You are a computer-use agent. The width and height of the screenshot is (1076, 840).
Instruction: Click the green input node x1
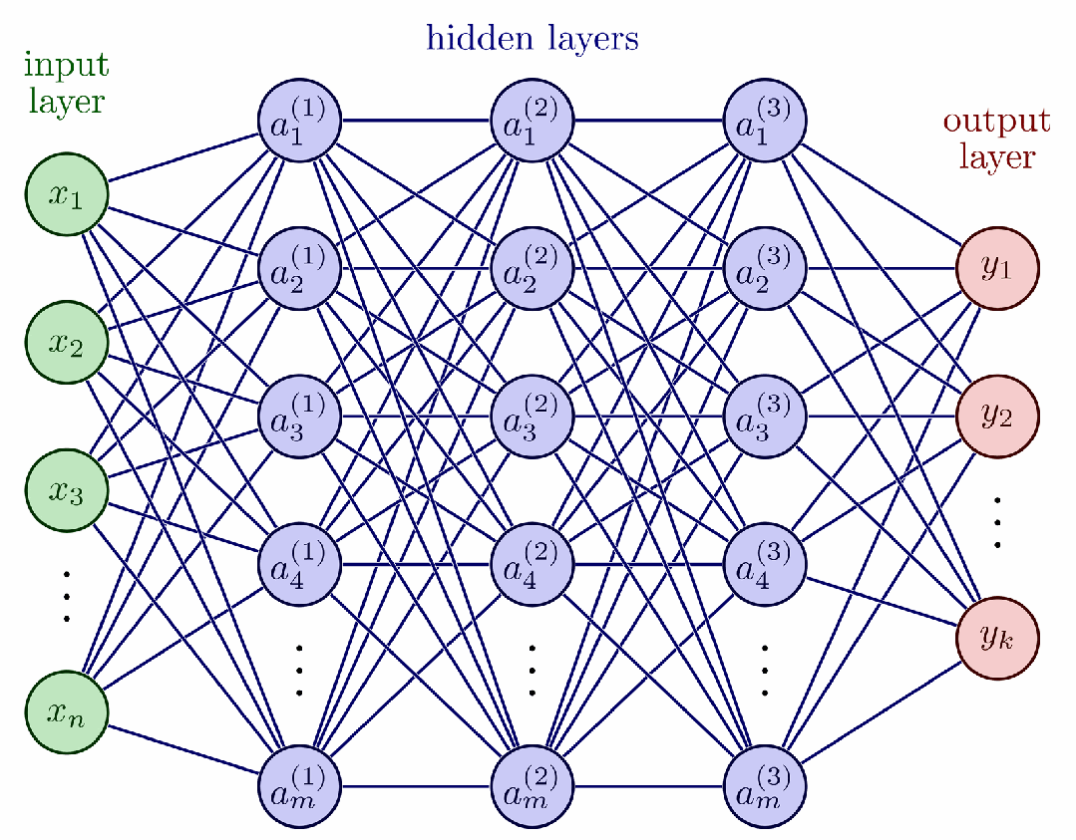(67, 195)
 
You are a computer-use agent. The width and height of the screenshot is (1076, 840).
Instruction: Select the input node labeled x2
(67, 342)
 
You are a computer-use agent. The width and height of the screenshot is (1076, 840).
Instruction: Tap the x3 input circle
(67, 489)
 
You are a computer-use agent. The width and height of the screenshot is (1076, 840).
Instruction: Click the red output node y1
(997, 269)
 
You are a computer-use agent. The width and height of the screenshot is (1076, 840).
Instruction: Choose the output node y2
(997, 416)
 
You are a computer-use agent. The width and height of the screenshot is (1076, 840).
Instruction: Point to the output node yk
(997, 638)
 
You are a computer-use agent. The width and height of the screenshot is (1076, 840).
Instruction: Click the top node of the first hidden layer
(299, 122)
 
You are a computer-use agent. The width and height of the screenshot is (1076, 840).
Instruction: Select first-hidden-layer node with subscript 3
(299, 416)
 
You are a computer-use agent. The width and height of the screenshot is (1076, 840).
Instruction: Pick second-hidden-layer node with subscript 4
(533, 563)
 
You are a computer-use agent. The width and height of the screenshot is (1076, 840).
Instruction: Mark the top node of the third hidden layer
(765, 122)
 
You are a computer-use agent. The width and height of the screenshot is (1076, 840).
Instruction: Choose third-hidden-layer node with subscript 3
(765, 416)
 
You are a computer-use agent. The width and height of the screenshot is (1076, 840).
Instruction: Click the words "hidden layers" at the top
(533, 38)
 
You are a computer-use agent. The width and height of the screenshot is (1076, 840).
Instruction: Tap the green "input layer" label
(66, 83)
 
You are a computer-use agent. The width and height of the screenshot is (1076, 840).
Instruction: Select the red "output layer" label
(996, 139)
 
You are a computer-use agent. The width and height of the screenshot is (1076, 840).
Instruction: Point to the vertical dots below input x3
(67, 596)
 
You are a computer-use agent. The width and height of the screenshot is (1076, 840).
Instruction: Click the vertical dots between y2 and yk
(997, 521)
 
